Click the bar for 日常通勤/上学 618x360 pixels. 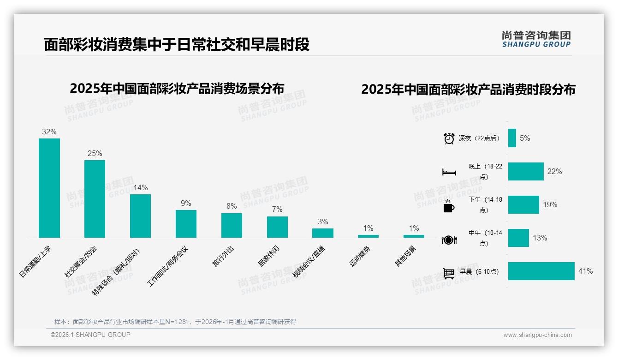pyautogui.click(x=49, y=188)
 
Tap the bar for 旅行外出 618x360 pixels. pyautogui.click(x=232, y=225)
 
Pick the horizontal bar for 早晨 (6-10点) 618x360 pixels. pyautogui.click(x=541, y=271)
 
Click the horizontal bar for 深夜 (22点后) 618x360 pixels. pyautogui.click(x=512, y=138)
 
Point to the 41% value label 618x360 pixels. pyautogui.click(x=585, y=271)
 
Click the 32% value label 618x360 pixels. pyautogui.click(x=49, y=132)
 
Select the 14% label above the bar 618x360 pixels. pyautogui.click(x=140, y=187)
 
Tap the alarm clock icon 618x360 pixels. pyautogui.click(x=449, y=138)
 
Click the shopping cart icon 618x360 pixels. pyautogui.click(x=449, y=273)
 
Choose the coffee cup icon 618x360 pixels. pyautogui.click(x=449, y=206)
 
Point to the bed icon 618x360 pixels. pyautogui.click(x=449, y=172)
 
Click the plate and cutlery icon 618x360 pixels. pyautogui.click(x=449, y=240)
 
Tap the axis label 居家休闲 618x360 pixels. pyautogui.click(x=269, y=256)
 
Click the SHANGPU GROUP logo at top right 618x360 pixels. pyautogui.click(x=536, y=39)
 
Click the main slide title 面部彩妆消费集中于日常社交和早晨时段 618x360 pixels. pyautogui.click(x=177, y=44)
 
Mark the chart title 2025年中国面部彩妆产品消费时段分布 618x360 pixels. pyautogui.click(x=468, y=89)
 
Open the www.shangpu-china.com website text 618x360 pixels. pyautogui.click(x=537, y=335)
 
